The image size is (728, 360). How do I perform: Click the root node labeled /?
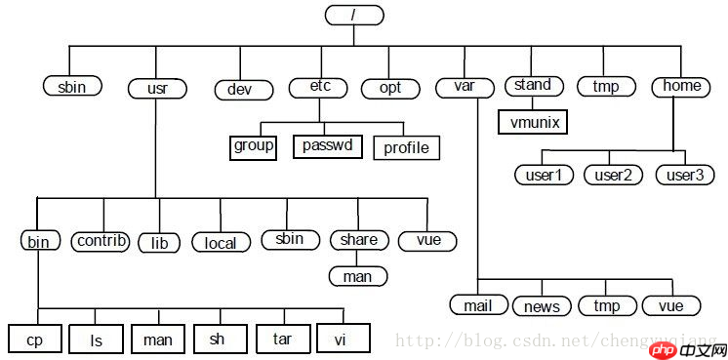(352, 16)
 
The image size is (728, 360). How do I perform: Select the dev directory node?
(240, 89)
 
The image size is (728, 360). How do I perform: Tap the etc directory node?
(319, 87)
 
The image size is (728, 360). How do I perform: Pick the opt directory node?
(388, 88)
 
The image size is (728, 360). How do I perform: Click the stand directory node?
(533, 86)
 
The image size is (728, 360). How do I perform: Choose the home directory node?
(681, 86)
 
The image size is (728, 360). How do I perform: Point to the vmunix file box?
(533, 123)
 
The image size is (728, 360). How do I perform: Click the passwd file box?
(328, 146)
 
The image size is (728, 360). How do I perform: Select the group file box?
(254, 146)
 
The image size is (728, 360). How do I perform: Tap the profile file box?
(406, 148)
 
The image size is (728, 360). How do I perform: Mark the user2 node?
(614, 176)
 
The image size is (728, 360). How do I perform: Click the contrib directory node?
(101, 240)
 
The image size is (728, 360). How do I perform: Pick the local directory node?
(221, 242)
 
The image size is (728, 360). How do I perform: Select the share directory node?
(359, 240)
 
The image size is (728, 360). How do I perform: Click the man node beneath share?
(357, 276)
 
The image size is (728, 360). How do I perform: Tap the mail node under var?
(478, 304)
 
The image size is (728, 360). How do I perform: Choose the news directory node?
(542, 306)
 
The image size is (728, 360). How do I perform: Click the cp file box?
(34, 340)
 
